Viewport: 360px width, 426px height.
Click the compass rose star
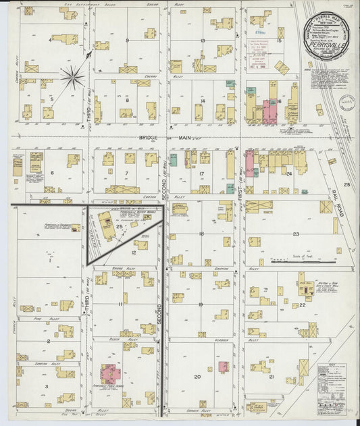tap(73, 77)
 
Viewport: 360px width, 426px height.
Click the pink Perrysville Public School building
tap(108, 372)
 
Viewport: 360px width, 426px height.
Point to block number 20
tap(197, 377)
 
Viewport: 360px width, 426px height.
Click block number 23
tap(296, 234)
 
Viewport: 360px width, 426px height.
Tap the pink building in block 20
tap(222, 366)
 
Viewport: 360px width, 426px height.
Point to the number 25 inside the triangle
tap(120, 226)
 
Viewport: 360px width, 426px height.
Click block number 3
tap(46, 385)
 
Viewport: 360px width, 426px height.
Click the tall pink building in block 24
tap(249, 162)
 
